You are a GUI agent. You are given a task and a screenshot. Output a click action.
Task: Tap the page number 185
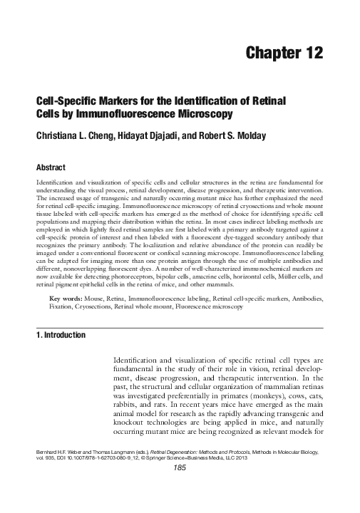180,489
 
